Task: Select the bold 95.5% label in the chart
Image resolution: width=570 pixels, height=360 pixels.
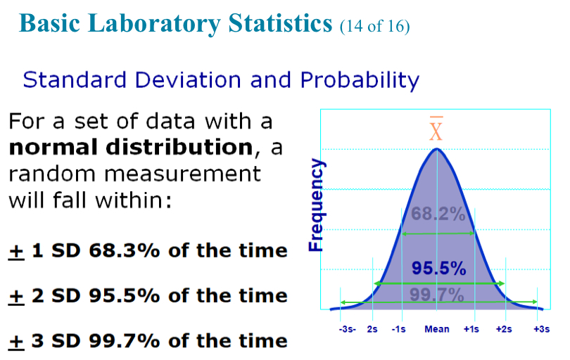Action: pyautogui.click(x=438, y=268)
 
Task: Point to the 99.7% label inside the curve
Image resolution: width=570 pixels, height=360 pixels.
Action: pyautogui.click(x=437, y=294)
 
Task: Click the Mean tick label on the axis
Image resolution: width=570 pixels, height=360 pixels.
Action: pyautogui.click(x=437, y=329)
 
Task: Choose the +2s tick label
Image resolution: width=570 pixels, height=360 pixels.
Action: pyautogui.click(x=504, y=329)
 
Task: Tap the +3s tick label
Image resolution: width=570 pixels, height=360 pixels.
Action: pyautogui.click(x=541, y=329)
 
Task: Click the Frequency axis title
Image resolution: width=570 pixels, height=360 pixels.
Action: pyautogui.click(x=317, y=205)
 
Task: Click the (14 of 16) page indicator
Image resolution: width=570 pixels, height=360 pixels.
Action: pyautogui.click(x=374, y=27)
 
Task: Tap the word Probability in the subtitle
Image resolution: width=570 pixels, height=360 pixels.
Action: pyautogui.click(x=360, y=79)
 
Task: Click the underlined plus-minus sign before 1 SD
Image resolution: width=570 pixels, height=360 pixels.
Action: pyautogui.click(x=15, y=250)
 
